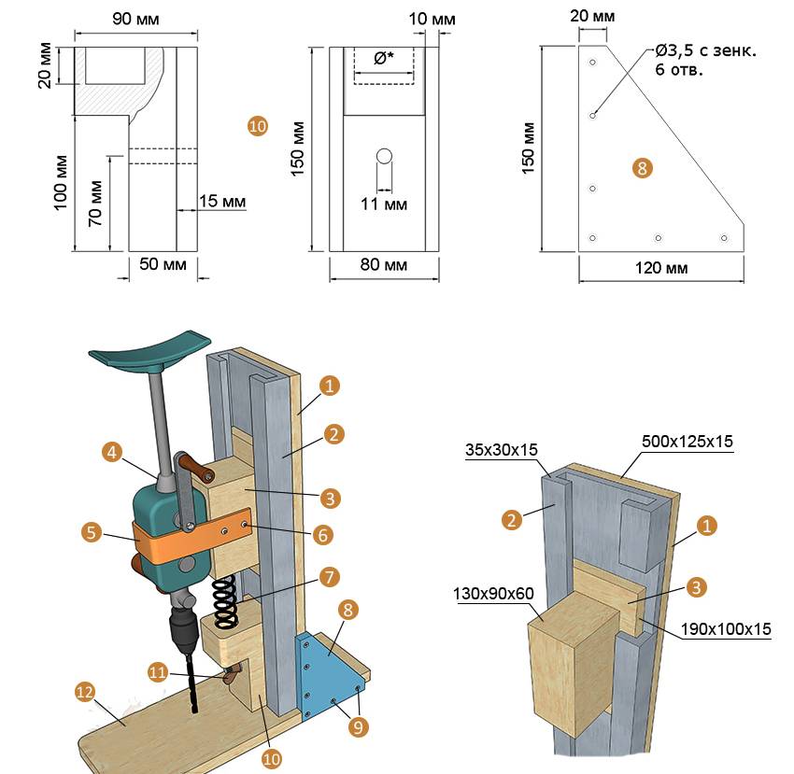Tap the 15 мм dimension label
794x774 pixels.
(x=222, y=201)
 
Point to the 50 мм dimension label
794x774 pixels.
(x=163, y=265)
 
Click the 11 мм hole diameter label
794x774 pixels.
(x=384, y=203)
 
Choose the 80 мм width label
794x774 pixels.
(x=384, y=265)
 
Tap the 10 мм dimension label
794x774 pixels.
(x=432, y=18)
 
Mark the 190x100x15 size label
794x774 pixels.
(x=726, y=628)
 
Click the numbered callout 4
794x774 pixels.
(x=112, y=453)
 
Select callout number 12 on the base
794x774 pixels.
(x=85, y=692)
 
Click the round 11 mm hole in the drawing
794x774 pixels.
(x=384, y=156)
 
